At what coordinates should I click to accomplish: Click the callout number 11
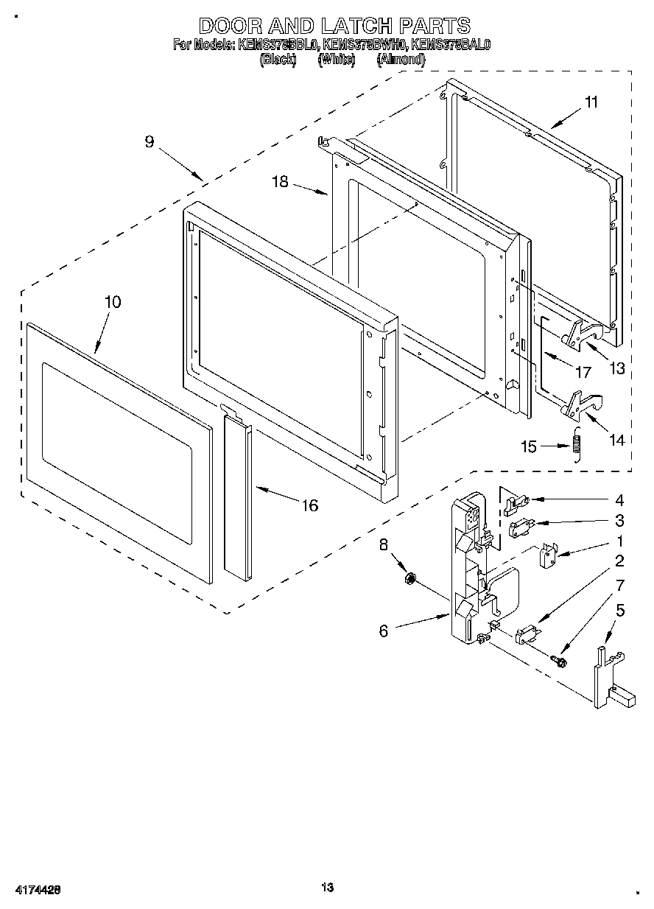click(x=592, y=102)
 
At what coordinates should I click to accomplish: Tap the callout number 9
click(x=150, y=141)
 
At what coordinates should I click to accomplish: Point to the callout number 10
click(x=113, y=301)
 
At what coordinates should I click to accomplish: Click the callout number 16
click(x=310, y=505)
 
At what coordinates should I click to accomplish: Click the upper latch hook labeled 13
click(x=584, y=334)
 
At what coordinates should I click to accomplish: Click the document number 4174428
click(x=36, y=890)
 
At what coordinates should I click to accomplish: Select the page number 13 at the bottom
click(x=328, y=887)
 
